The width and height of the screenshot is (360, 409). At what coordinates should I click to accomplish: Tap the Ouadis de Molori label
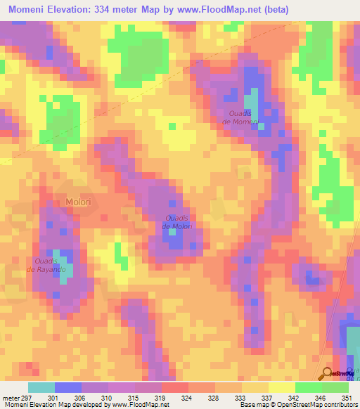point(177,222)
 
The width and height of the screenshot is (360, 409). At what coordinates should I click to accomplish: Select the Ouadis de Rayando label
point(46,265)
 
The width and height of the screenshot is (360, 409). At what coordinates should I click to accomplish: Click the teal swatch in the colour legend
point(41,387)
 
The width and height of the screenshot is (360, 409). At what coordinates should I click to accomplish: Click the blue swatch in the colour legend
point(68,387)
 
